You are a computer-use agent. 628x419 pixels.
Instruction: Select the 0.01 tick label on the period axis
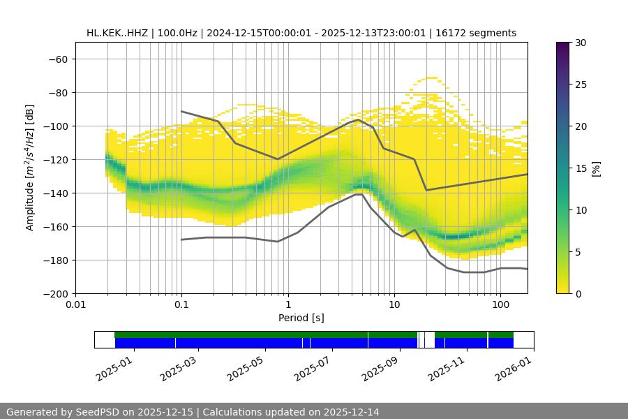coord(75,305)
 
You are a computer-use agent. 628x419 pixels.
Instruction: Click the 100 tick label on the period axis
coord(500,305)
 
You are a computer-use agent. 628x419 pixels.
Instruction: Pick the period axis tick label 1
coord(288,305)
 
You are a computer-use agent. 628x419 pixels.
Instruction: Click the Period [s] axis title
coord(301,318)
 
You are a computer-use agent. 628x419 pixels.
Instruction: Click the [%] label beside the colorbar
coord(595,168)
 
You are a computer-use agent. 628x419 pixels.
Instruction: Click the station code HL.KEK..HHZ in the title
coord(117,33)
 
